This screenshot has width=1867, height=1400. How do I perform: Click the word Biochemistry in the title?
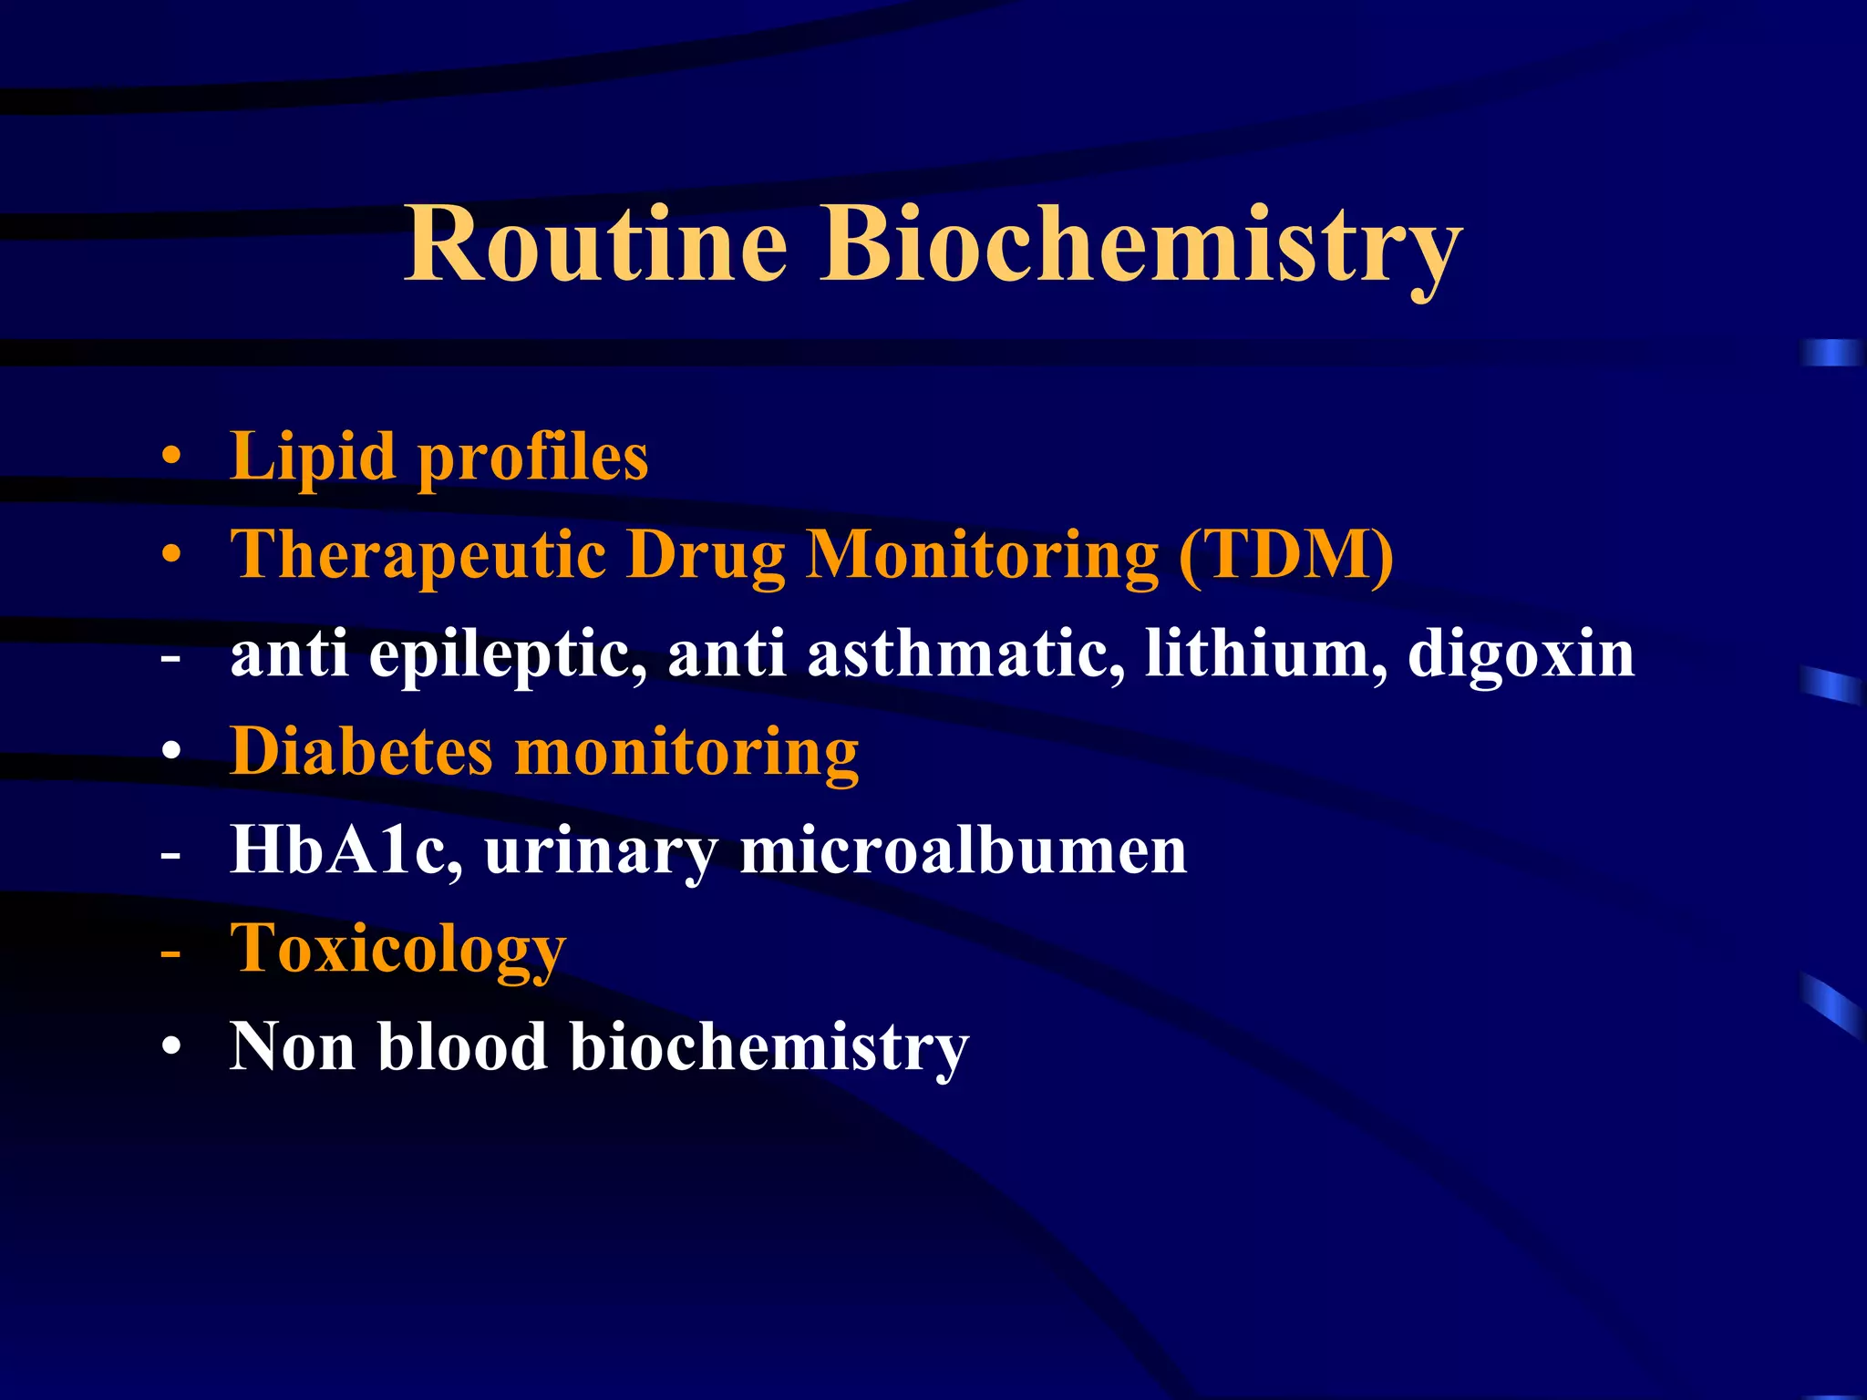(1140, 244)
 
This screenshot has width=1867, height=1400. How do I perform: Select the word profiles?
(533, 458)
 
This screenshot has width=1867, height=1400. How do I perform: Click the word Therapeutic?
(418, 556)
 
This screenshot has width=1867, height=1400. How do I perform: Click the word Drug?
(706, 556)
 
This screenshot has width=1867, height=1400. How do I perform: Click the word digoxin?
(1521, 654)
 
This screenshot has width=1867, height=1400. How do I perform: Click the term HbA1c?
(346, 850)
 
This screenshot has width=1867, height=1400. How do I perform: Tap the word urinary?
(601, 852)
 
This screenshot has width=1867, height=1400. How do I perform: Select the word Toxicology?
(397, 951)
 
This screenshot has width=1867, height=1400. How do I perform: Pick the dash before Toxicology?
(170, 952)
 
